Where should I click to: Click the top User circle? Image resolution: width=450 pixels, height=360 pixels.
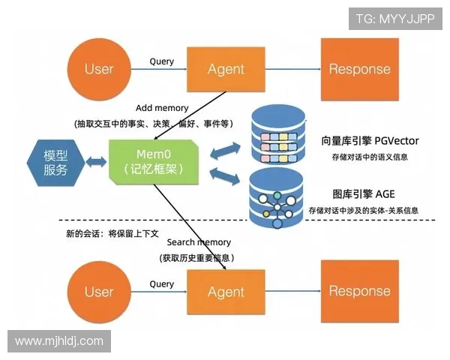click(99, 69)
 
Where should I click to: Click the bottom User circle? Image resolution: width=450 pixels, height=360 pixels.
click(99, 292)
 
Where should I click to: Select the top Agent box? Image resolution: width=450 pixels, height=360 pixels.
click(226, 69)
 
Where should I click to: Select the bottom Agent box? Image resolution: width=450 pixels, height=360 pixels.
click(226, 292)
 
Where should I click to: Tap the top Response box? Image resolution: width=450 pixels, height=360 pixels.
click(359, 69)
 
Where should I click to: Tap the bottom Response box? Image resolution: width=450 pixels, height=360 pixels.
click(359, 291)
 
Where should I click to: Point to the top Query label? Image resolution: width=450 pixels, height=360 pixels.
click(161, 61)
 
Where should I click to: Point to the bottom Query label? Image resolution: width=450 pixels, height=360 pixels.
click(161, 284)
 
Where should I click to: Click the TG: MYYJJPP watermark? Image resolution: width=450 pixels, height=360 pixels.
click(395, 18)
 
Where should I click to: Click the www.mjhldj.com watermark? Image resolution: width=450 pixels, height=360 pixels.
click(59, 341)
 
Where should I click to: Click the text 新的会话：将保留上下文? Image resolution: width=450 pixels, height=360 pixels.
click(112, 233)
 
